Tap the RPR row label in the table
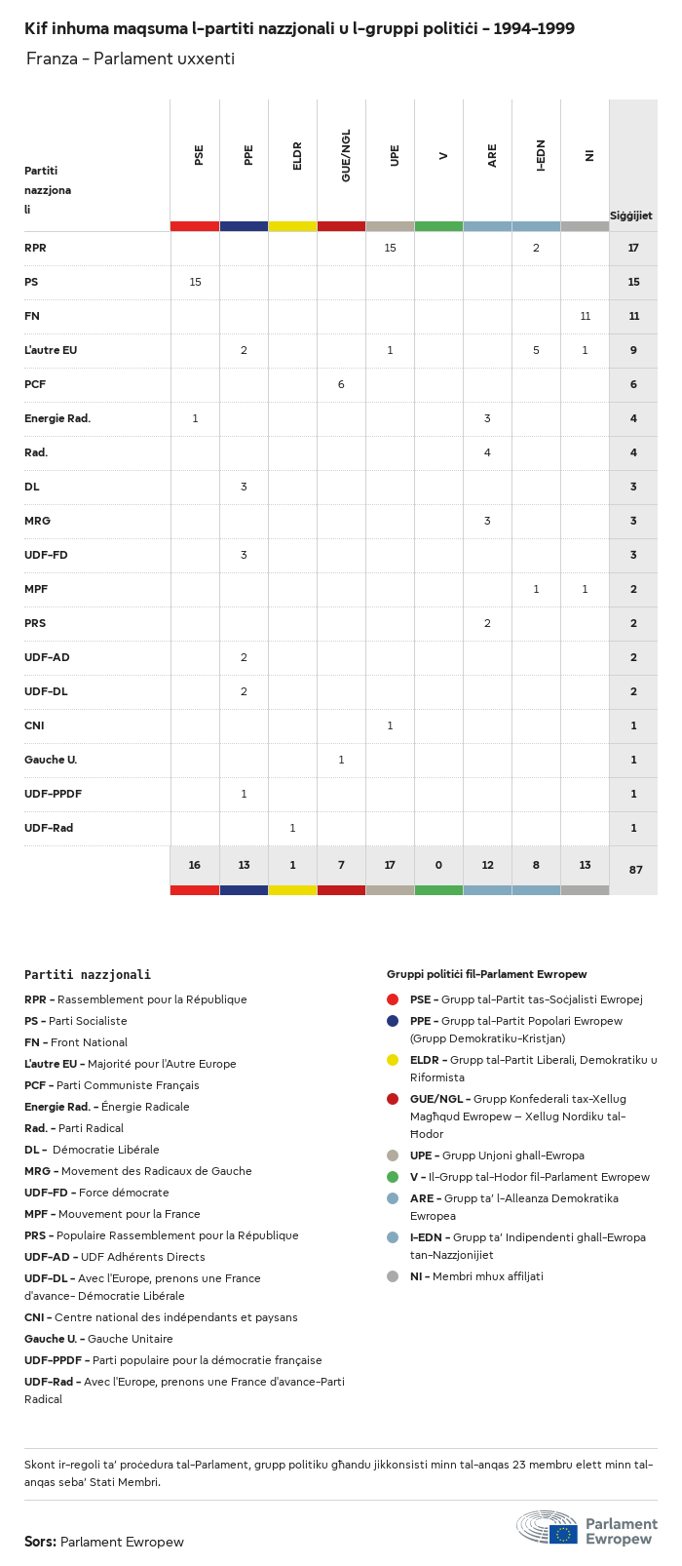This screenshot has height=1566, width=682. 35,248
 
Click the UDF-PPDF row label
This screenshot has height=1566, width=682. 53,794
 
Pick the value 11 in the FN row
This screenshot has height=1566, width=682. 585,316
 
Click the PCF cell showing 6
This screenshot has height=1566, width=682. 341,384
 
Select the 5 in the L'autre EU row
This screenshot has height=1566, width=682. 536,350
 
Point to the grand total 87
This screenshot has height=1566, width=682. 635,869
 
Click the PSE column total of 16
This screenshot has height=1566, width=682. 195,865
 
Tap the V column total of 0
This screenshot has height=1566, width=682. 438,865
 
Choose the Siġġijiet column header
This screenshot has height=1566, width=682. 631,215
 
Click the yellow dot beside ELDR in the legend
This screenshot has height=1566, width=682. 393,1060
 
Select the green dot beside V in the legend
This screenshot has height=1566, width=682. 393,1177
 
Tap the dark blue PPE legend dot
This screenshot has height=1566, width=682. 393,1021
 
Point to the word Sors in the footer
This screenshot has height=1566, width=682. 40,1542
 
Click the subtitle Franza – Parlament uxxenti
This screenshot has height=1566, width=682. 131,59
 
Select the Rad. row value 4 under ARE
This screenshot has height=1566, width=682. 487,452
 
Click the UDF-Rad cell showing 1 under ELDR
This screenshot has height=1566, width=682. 292,828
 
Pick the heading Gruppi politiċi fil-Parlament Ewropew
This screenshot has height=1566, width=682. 486,974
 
